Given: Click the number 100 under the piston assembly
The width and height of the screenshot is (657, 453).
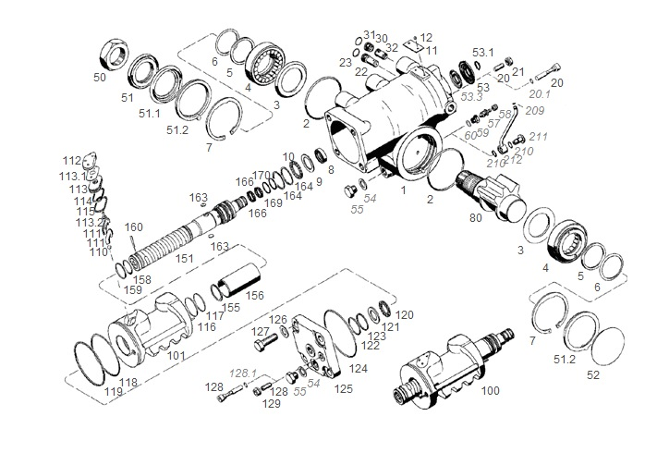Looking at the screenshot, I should (x=490, y=391).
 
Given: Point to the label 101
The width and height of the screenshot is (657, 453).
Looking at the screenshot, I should (x=176, y=354).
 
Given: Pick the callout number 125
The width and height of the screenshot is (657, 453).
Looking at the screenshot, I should (x=344, y=389).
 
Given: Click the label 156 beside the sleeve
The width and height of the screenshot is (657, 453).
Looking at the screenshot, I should (x=254, y=297).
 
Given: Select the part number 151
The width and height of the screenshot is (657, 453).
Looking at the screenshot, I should (x=185, y=258).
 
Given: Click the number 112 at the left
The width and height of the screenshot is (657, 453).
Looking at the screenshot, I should (x=72, y=160).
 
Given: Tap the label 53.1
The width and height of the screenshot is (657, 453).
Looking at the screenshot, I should (x=483, y=52).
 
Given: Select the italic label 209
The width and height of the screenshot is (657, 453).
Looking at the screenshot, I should (x=534, y=110).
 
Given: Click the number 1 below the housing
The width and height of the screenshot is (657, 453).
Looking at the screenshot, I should (x=403, y=189).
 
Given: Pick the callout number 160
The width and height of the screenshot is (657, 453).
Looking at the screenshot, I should (x=134, y=227).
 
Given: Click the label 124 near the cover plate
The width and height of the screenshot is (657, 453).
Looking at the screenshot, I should (x=358, y=369).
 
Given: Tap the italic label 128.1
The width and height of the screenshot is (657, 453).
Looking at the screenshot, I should (x=243, y=372).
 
